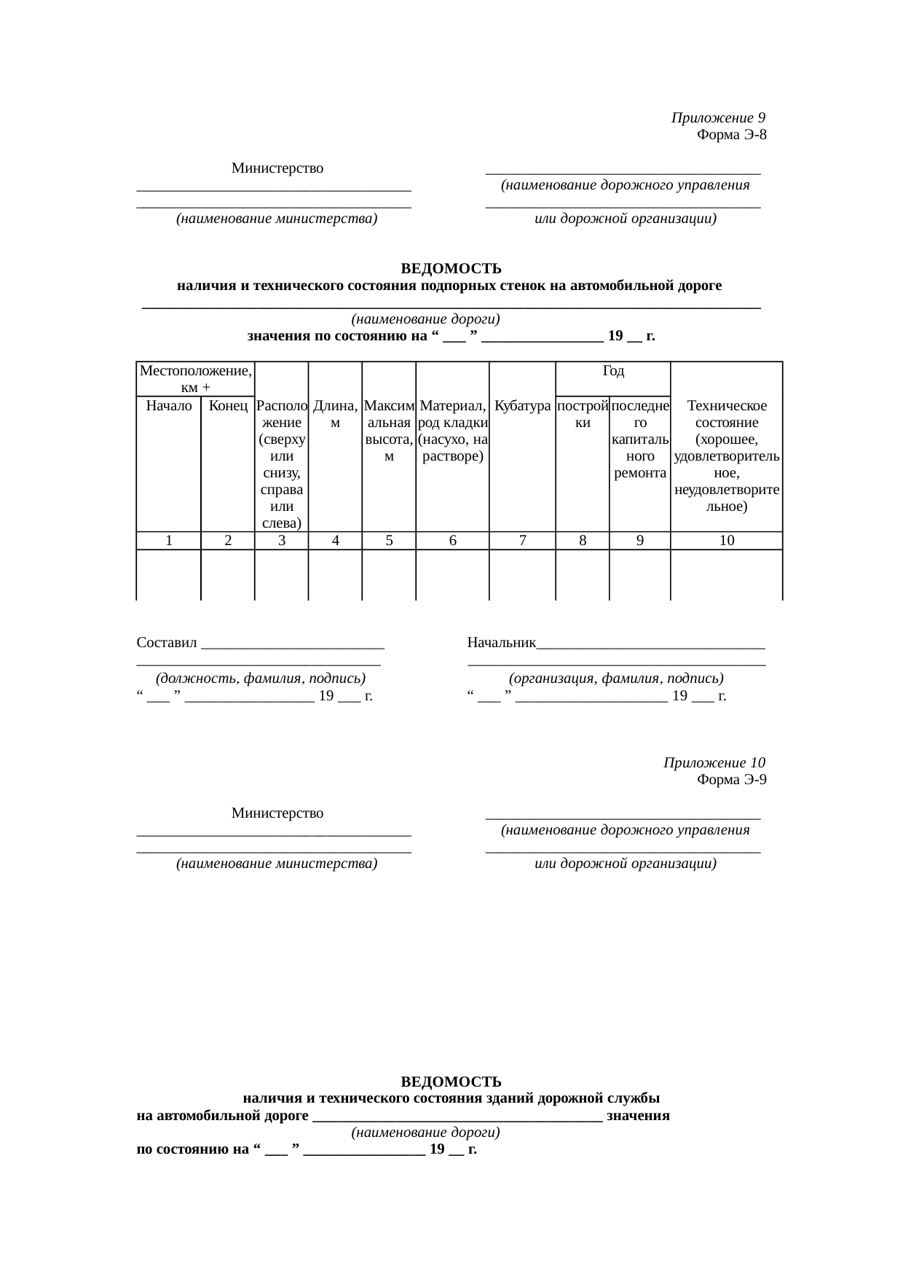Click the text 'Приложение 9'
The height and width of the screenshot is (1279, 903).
pyautogui.click(x=718, y=118)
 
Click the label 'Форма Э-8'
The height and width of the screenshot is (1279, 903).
pyautogui.click(x=731, y=135)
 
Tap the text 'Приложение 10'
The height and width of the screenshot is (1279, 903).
pyautogui.click(x=714, y=763)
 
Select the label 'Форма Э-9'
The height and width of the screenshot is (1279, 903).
pyautogui.click(x=731, y=780)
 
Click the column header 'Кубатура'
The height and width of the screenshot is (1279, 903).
pyautogui.click(x=522, y=406)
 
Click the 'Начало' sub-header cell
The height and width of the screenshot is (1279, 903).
pyautogui.click(x=168, y=406)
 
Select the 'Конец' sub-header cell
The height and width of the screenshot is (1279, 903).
pyautogui.click(x=228, y=406)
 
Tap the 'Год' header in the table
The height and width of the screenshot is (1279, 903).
pyautogui.click(x=613, y=371)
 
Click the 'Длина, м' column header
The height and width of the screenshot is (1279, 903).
pyautogui.click(x=335, y=414)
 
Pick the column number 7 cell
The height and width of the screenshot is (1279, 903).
pyautogui.click(x=522, y=541)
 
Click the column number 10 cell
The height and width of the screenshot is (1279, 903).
pyautogui.click(x=726, y=541)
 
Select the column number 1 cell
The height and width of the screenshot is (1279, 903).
pyautogui.click(x=168, y=541)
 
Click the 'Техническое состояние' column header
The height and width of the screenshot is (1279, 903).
pyautogui.click(x=726, y=455)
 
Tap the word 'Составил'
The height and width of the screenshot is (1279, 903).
pyautogui.click(x=167, y=643)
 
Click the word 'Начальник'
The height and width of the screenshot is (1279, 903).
pyautogui.click(x=502, y=643)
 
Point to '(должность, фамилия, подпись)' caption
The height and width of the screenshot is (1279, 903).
pyautogui.click(x=261, y=678)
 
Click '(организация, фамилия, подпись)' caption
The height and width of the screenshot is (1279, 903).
pyautogui.click(x=616, y=678)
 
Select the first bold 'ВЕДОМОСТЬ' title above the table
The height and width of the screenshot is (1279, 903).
pyautogui.click(x=451, y=269)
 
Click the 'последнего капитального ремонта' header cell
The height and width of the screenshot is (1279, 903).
pyautogui.click(x=639, y=439)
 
